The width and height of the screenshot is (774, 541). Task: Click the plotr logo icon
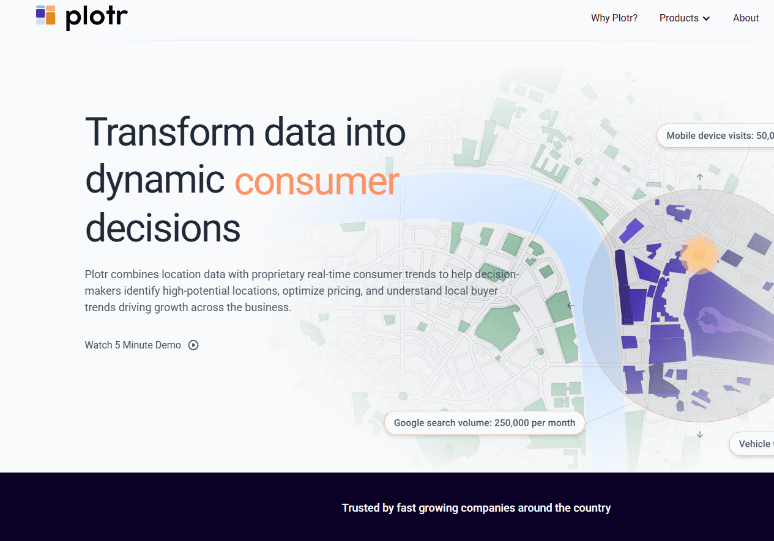(x=46, y=15)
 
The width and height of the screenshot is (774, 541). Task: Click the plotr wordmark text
(x=97, y=17)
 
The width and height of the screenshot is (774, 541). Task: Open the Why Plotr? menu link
(x=614, y=18)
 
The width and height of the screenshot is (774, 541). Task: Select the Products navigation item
(x=679, y=18)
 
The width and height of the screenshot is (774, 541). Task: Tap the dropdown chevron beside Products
(x=706, y=19)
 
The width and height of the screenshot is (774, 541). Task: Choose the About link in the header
(x=746, y=18)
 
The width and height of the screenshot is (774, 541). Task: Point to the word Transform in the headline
(x=170, y=132)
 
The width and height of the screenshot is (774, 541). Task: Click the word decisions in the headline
(x=163, y=228)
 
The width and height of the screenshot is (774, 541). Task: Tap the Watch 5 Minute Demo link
(x=133, y=345)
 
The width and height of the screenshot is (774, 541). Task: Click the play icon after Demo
(x=193, y=345)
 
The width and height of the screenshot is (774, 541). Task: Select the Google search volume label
(x=484, y=423)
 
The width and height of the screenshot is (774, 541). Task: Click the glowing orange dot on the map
(x=699, y=254)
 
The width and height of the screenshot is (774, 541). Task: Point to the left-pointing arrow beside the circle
(x=570, y=306)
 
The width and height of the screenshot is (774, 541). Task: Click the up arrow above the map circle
(x=700, y=177)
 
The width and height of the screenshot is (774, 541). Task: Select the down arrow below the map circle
(x=700, y=435)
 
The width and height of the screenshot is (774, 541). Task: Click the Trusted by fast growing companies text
(x=476, y=508)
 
